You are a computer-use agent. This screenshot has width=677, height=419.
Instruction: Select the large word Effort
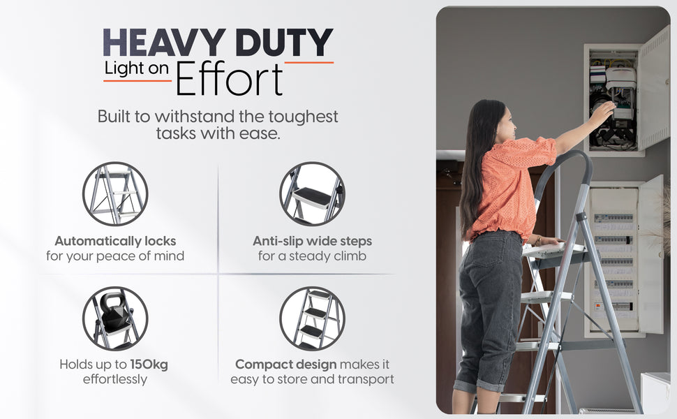point(229,79)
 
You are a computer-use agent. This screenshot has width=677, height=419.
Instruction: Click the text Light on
point(136,68)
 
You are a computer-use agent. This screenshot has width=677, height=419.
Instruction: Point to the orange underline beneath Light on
point(137,81)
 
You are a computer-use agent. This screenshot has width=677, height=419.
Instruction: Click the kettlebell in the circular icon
point(114,309)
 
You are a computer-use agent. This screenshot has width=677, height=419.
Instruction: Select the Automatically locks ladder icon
point(115,194)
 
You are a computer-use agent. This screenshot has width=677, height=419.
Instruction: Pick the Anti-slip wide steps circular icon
point(312,194)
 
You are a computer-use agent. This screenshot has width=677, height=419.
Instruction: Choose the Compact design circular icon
point(312,318)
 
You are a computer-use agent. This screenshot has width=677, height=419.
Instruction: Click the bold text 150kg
point(149,365)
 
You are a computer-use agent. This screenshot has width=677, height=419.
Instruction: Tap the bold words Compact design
point(286,365)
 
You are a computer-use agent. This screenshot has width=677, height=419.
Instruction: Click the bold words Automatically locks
point(115,241)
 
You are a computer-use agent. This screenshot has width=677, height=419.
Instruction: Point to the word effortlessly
point(115,379)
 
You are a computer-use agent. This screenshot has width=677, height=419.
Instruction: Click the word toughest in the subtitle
point(303,117)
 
